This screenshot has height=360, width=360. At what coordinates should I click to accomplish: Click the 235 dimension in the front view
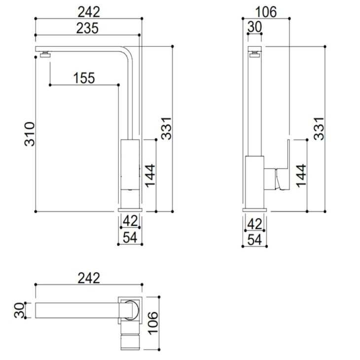coord(88,28)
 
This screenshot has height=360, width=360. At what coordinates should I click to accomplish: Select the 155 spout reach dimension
coord(84,78)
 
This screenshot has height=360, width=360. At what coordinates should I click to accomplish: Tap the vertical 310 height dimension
coord(30,133)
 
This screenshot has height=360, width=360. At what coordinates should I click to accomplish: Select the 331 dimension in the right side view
coord(319,128)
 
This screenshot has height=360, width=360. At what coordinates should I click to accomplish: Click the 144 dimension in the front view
coord(150,176)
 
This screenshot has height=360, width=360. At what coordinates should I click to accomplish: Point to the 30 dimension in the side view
coord(254,28)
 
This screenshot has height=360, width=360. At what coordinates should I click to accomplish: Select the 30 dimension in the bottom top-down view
coord(20,311)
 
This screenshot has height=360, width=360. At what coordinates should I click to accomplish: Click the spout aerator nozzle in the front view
coord(46,54)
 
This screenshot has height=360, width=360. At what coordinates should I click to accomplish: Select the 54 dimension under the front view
coord(130,238)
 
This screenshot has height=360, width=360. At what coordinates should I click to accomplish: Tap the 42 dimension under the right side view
coord(254,222)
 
